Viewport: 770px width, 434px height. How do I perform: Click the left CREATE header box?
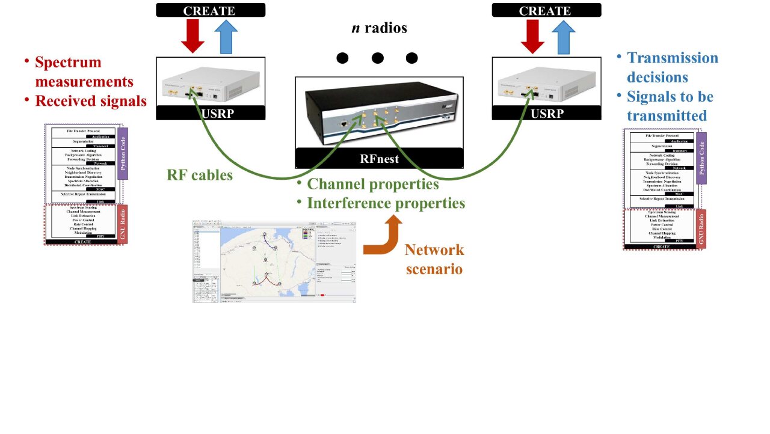(211, 10)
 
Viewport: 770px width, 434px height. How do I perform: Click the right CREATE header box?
(546, 10)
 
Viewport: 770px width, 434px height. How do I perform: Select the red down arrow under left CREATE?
(192, 37)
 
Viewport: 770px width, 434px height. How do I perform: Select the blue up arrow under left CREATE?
(227, 37)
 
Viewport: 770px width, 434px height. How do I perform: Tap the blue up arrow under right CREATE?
(563, 37)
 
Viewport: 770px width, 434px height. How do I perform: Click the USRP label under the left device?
(211, 113)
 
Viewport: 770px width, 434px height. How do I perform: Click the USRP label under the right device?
(546, 113)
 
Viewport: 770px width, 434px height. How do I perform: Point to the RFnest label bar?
(379, 159)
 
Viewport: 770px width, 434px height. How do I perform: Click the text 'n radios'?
(379, 28)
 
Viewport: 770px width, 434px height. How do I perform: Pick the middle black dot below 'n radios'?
(377, 58)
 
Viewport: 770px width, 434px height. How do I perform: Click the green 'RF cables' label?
(199, 176)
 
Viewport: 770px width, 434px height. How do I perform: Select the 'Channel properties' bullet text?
(373, 184)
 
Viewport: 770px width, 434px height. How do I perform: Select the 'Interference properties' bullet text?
(386, 203)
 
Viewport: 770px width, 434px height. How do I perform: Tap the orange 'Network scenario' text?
(434, 259)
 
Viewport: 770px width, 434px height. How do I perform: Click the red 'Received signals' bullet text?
(90, 101)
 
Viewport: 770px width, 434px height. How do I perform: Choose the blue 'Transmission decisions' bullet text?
(672, 67)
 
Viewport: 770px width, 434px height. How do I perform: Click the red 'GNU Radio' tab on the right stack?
(701, 229)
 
